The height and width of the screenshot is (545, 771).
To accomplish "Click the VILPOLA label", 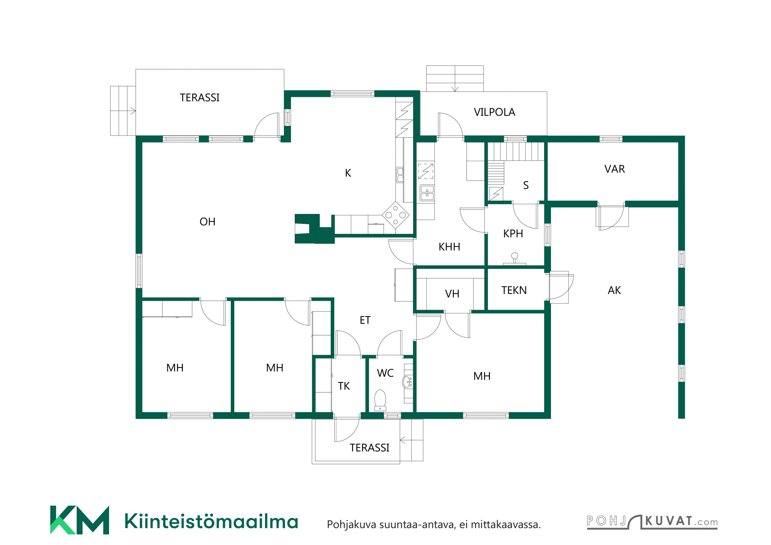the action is pos(494,112).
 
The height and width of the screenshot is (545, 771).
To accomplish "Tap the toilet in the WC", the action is pos(380,400).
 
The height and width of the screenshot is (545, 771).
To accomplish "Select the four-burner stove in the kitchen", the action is pos(396,215).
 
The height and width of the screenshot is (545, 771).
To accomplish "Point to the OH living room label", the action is pos(207,222).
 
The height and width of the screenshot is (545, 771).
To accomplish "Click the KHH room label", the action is pos(449,247).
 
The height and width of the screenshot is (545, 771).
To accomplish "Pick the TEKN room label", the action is pos(514,290).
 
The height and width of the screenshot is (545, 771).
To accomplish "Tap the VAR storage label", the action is pos(615,169).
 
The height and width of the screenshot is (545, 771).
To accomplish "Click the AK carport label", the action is pos(614,290).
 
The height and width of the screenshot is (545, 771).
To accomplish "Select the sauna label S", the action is pos(526,185).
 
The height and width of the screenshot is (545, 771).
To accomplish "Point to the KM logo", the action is pos(80,520).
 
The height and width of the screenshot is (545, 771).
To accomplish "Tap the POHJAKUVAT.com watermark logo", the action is pos(652,522).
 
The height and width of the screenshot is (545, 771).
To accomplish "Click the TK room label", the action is pos(344,386).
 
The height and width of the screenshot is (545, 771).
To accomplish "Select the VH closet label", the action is pos(452,294).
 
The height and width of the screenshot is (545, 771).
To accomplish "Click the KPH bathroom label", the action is pos(513,234).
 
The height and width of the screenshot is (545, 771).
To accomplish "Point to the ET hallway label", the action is pos(365,320).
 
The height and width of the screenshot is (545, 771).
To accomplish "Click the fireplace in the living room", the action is pos(314,229).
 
